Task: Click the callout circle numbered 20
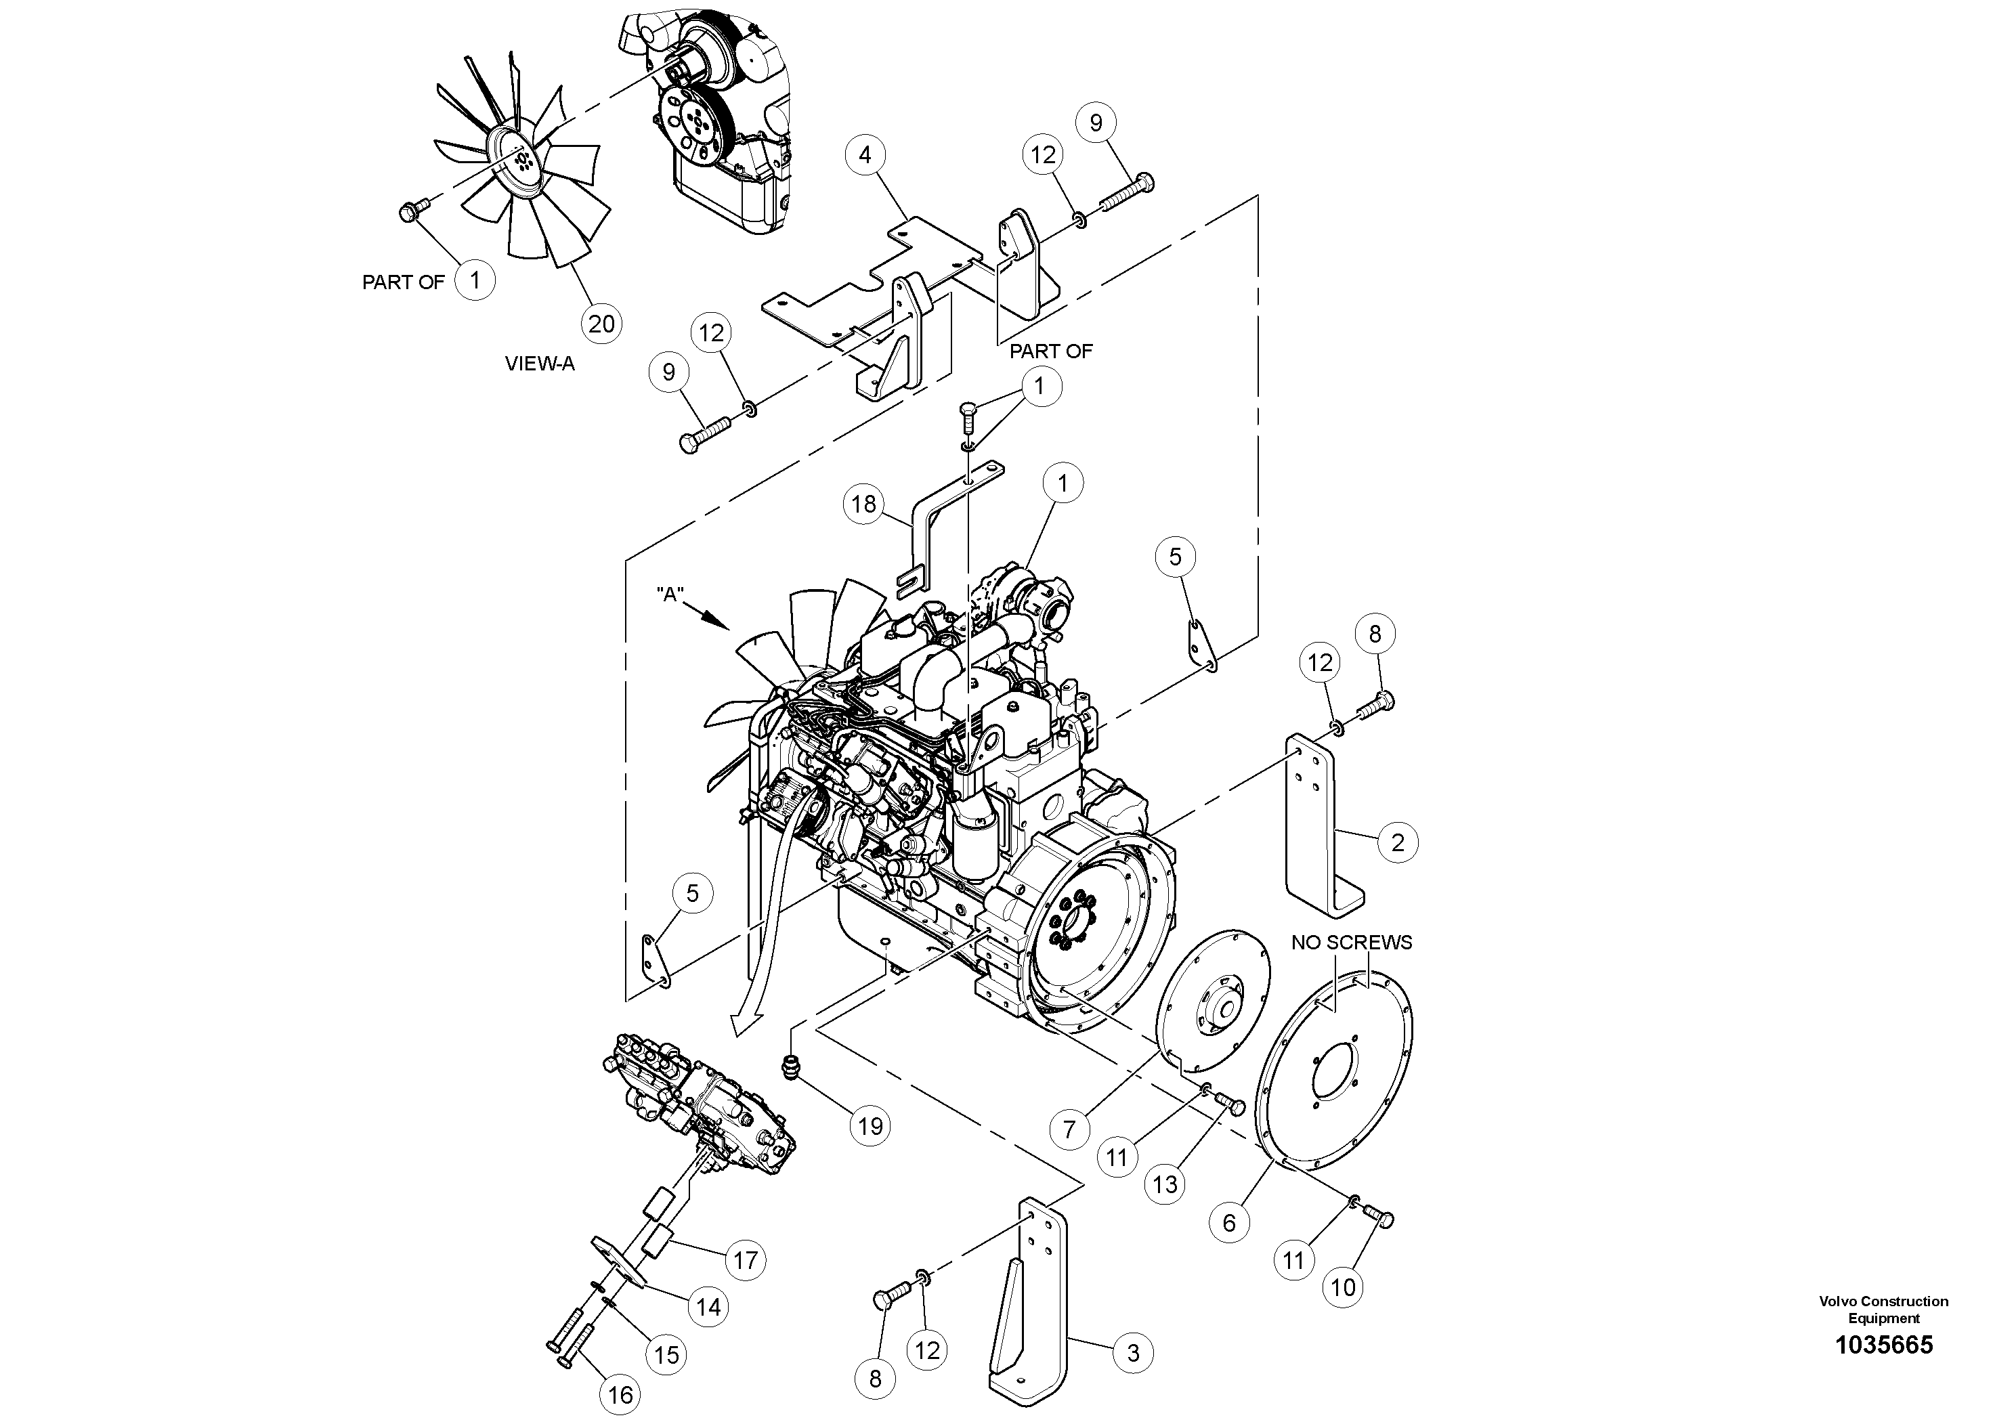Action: click(601, 324)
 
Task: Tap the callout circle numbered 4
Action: click(865, 155)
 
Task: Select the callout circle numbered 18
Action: click(864, 504)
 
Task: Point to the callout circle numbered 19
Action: click(870, 1125)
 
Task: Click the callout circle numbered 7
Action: click(1069, 1128)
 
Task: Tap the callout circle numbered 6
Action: click(1228, 1222)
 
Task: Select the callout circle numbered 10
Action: click(1344, 1287)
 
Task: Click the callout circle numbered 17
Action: click(745, 1261)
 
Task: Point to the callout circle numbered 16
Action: click(620, 1395)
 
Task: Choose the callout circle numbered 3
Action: click(1133, 1352)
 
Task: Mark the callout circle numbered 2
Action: click(1397, 843)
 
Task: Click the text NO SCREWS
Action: click(1350, 943)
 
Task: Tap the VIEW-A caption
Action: click(539, 364)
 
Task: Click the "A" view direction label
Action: click(670, 595)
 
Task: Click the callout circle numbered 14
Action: click(708, 1306)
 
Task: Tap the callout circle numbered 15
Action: click(666, 1354)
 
